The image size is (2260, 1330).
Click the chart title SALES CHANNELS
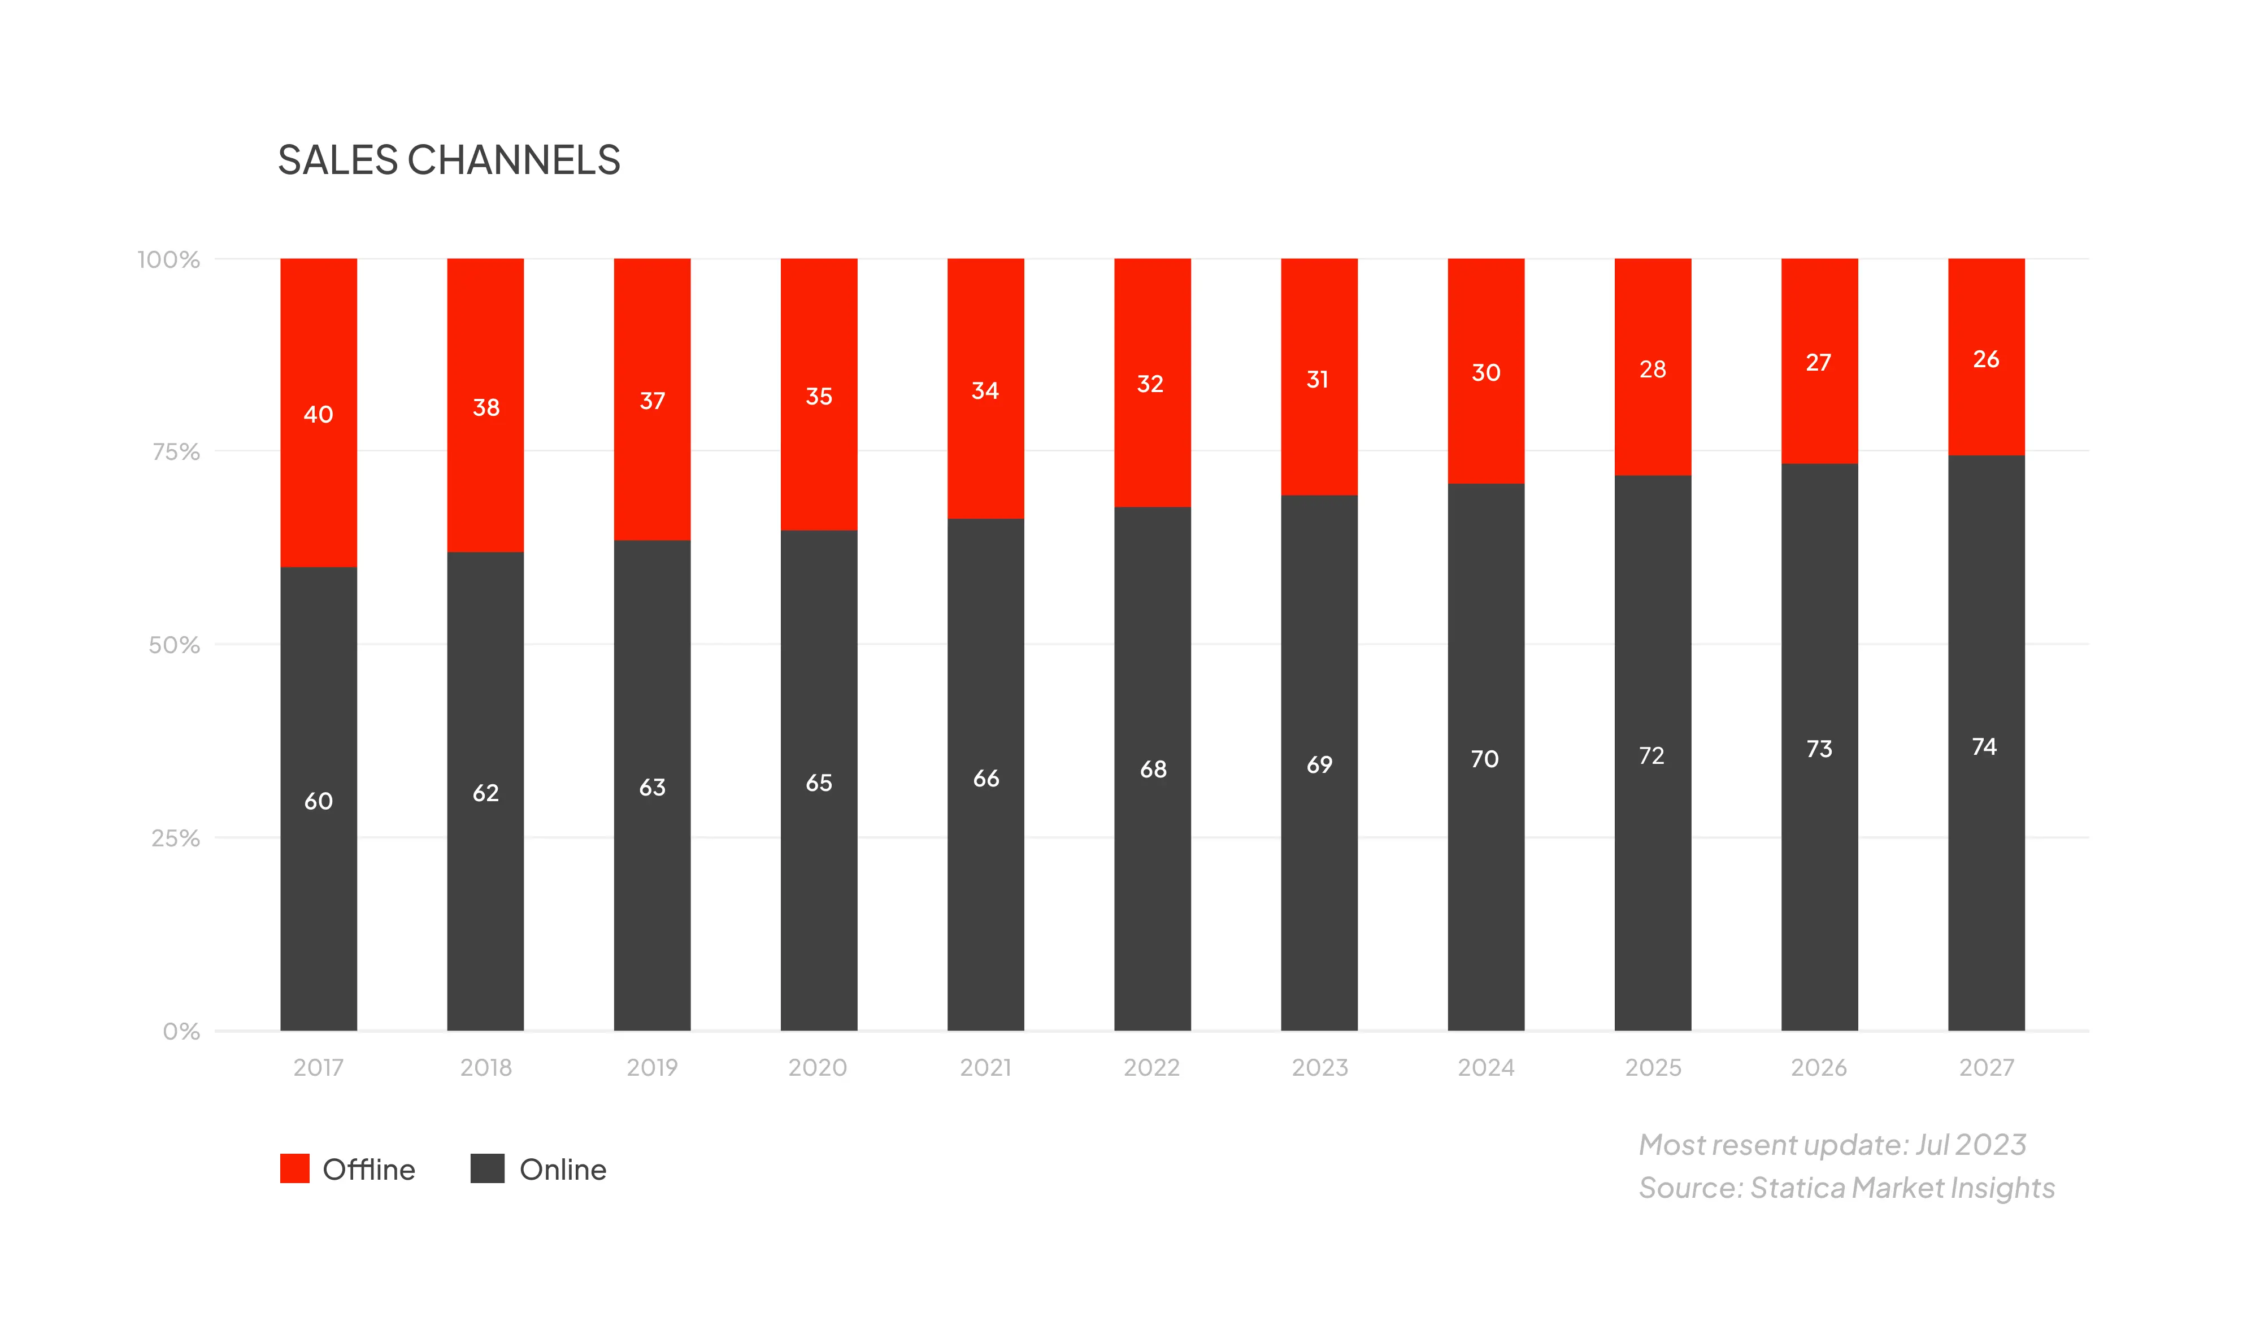coord(449,160)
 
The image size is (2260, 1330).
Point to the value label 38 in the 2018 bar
coord(486,408)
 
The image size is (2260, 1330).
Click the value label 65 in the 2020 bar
coord(819,783)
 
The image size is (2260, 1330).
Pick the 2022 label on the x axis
coord(1151,1067)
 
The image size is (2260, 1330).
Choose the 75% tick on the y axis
coord(176,452)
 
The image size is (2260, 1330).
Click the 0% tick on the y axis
coord(181,1031)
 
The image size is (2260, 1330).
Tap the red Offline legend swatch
coord(295,1168)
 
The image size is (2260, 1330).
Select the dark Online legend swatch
coord(487,1168)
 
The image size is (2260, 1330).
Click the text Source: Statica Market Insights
coord(1846,1188)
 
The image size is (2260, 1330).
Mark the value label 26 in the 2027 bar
coord(1985,360)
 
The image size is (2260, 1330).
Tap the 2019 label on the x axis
coord(652,1067)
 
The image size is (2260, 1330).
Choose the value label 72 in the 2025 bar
coord(1652,756)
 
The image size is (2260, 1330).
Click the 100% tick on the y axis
coord(168,260)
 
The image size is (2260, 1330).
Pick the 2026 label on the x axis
coord(1819,1067)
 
